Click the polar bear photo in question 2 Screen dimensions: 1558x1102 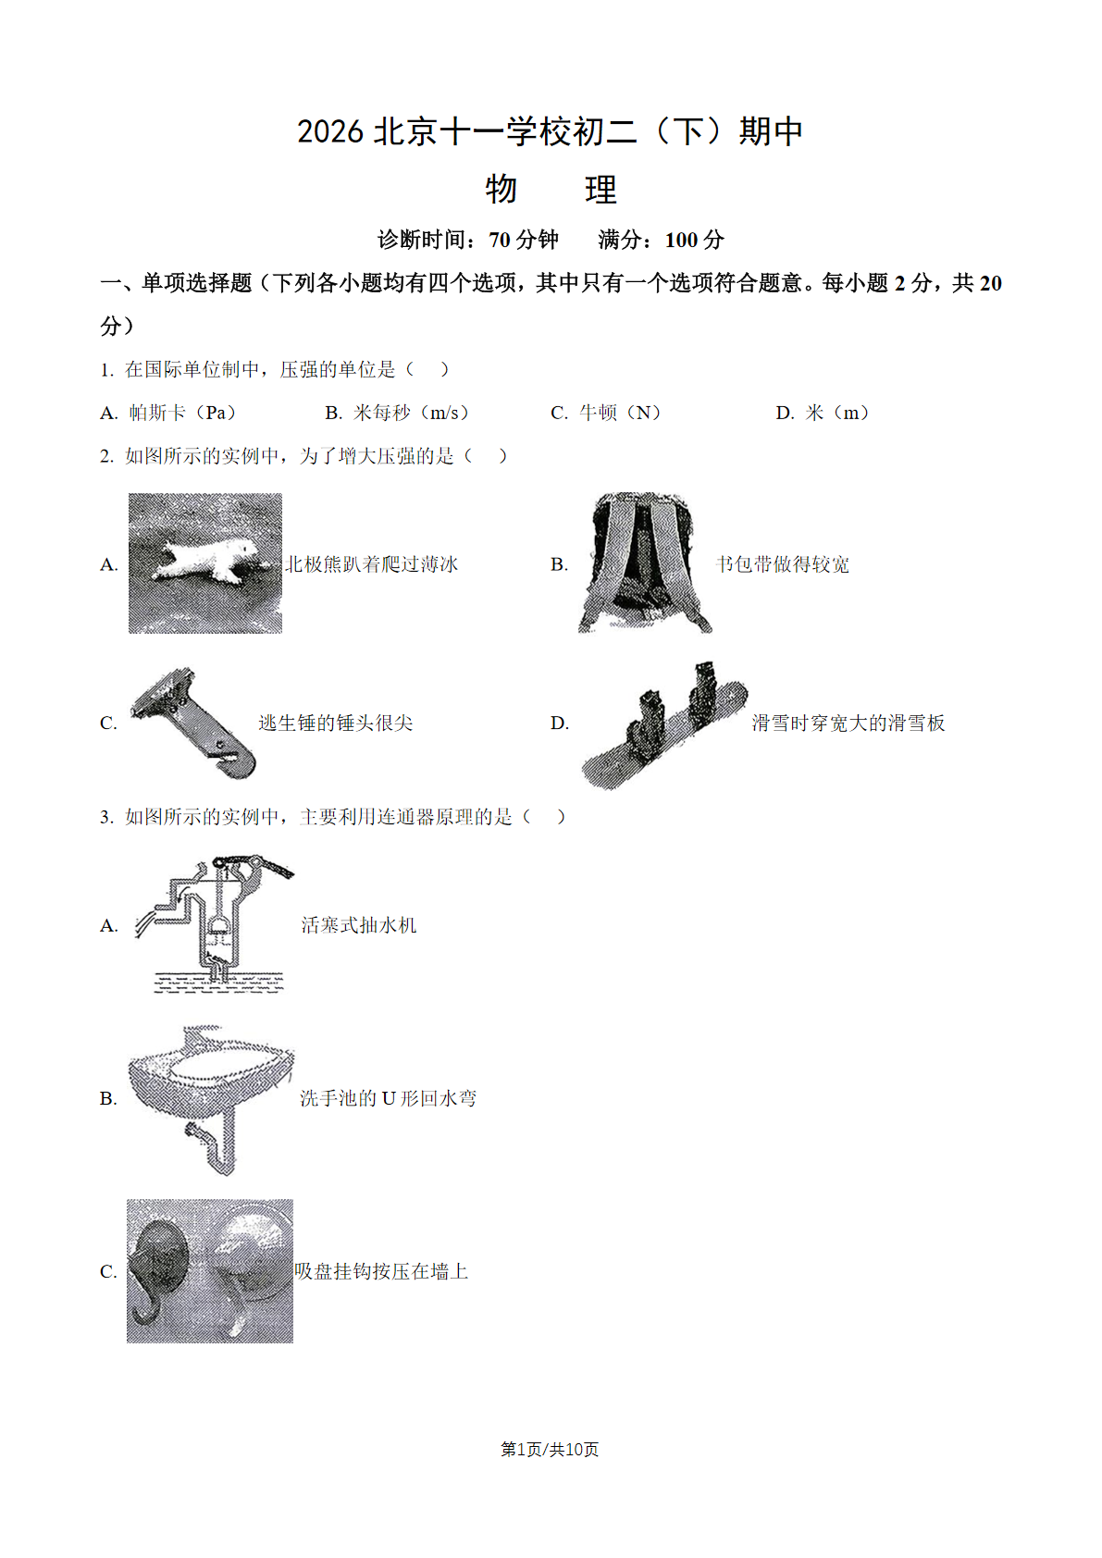coord(205,563)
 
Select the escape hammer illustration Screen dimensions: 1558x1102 coord(192,723)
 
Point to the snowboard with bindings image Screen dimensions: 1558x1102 coord(664,725)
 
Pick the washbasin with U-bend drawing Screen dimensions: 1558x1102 coord(211,1098)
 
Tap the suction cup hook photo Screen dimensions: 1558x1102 coord(210,1270)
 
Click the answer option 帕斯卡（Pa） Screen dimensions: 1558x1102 coord(182,413)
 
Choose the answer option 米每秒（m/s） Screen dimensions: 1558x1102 coord(412,413)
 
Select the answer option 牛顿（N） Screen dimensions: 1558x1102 coord(620,413)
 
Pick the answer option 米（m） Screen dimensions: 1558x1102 coord(837,413)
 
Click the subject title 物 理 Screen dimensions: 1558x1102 coord(551,190)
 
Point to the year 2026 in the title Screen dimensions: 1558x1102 coord(330,131)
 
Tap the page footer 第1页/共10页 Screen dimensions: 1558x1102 coord(550,1449)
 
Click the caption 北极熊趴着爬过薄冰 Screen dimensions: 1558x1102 coord(372,564)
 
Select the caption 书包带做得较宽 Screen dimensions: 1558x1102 coord(783,564)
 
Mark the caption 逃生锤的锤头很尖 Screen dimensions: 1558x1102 coord(336,723)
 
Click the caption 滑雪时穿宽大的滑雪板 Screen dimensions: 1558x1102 coord(848,723)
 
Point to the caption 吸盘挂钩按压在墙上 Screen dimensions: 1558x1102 coord(381,1271)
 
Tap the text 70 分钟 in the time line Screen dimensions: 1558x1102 coord(524,240)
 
